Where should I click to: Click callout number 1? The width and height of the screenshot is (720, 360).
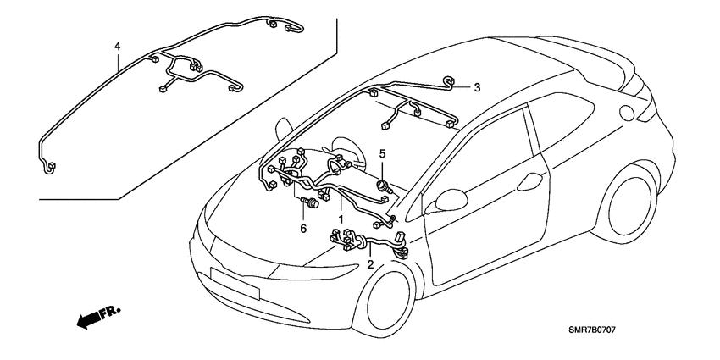click(341, 218)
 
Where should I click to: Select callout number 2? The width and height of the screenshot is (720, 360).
click(370, 264)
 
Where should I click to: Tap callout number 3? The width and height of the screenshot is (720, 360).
click(476, 87)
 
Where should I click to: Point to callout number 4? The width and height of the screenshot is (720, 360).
click(118, 46)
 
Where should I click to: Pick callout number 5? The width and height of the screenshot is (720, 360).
click(382, 153)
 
